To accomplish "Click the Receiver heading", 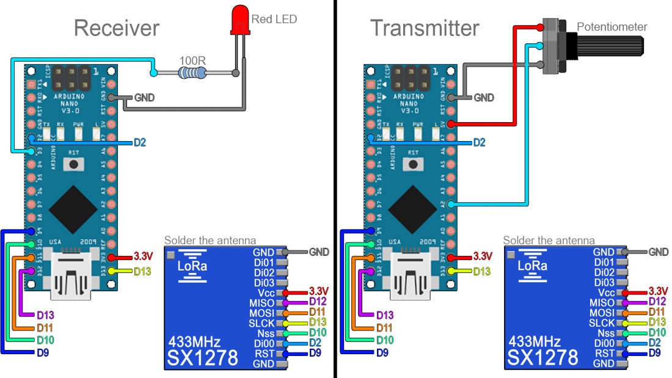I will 117,28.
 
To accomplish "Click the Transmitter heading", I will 425,28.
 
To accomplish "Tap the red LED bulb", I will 239,19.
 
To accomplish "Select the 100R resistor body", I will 192,73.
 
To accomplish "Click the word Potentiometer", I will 612,26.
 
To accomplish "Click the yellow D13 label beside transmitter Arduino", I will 483,271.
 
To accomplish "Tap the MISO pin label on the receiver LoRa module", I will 262,303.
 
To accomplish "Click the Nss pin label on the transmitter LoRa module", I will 605,333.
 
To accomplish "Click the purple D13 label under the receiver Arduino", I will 45,315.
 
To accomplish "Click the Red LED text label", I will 274,20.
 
